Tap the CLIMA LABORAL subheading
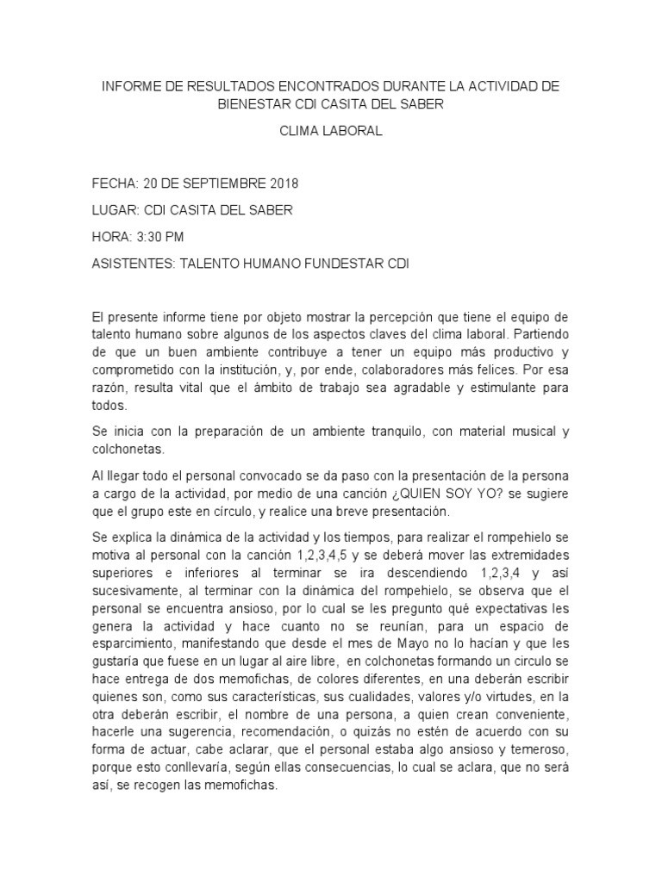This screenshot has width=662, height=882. [331, 132]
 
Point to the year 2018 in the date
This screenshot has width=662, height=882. [280, 183]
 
